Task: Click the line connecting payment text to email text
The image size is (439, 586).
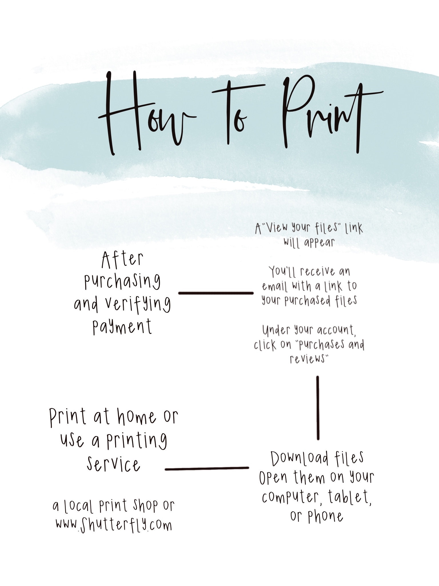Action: tap(216, 293)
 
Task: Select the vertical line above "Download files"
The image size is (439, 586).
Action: tap(318, 408)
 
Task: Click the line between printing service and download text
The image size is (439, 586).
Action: tap(207, 468)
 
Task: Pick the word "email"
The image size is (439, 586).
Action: tap(274, 286)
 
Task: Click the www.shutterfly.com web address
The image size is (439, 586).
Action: tap(114, 525)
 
